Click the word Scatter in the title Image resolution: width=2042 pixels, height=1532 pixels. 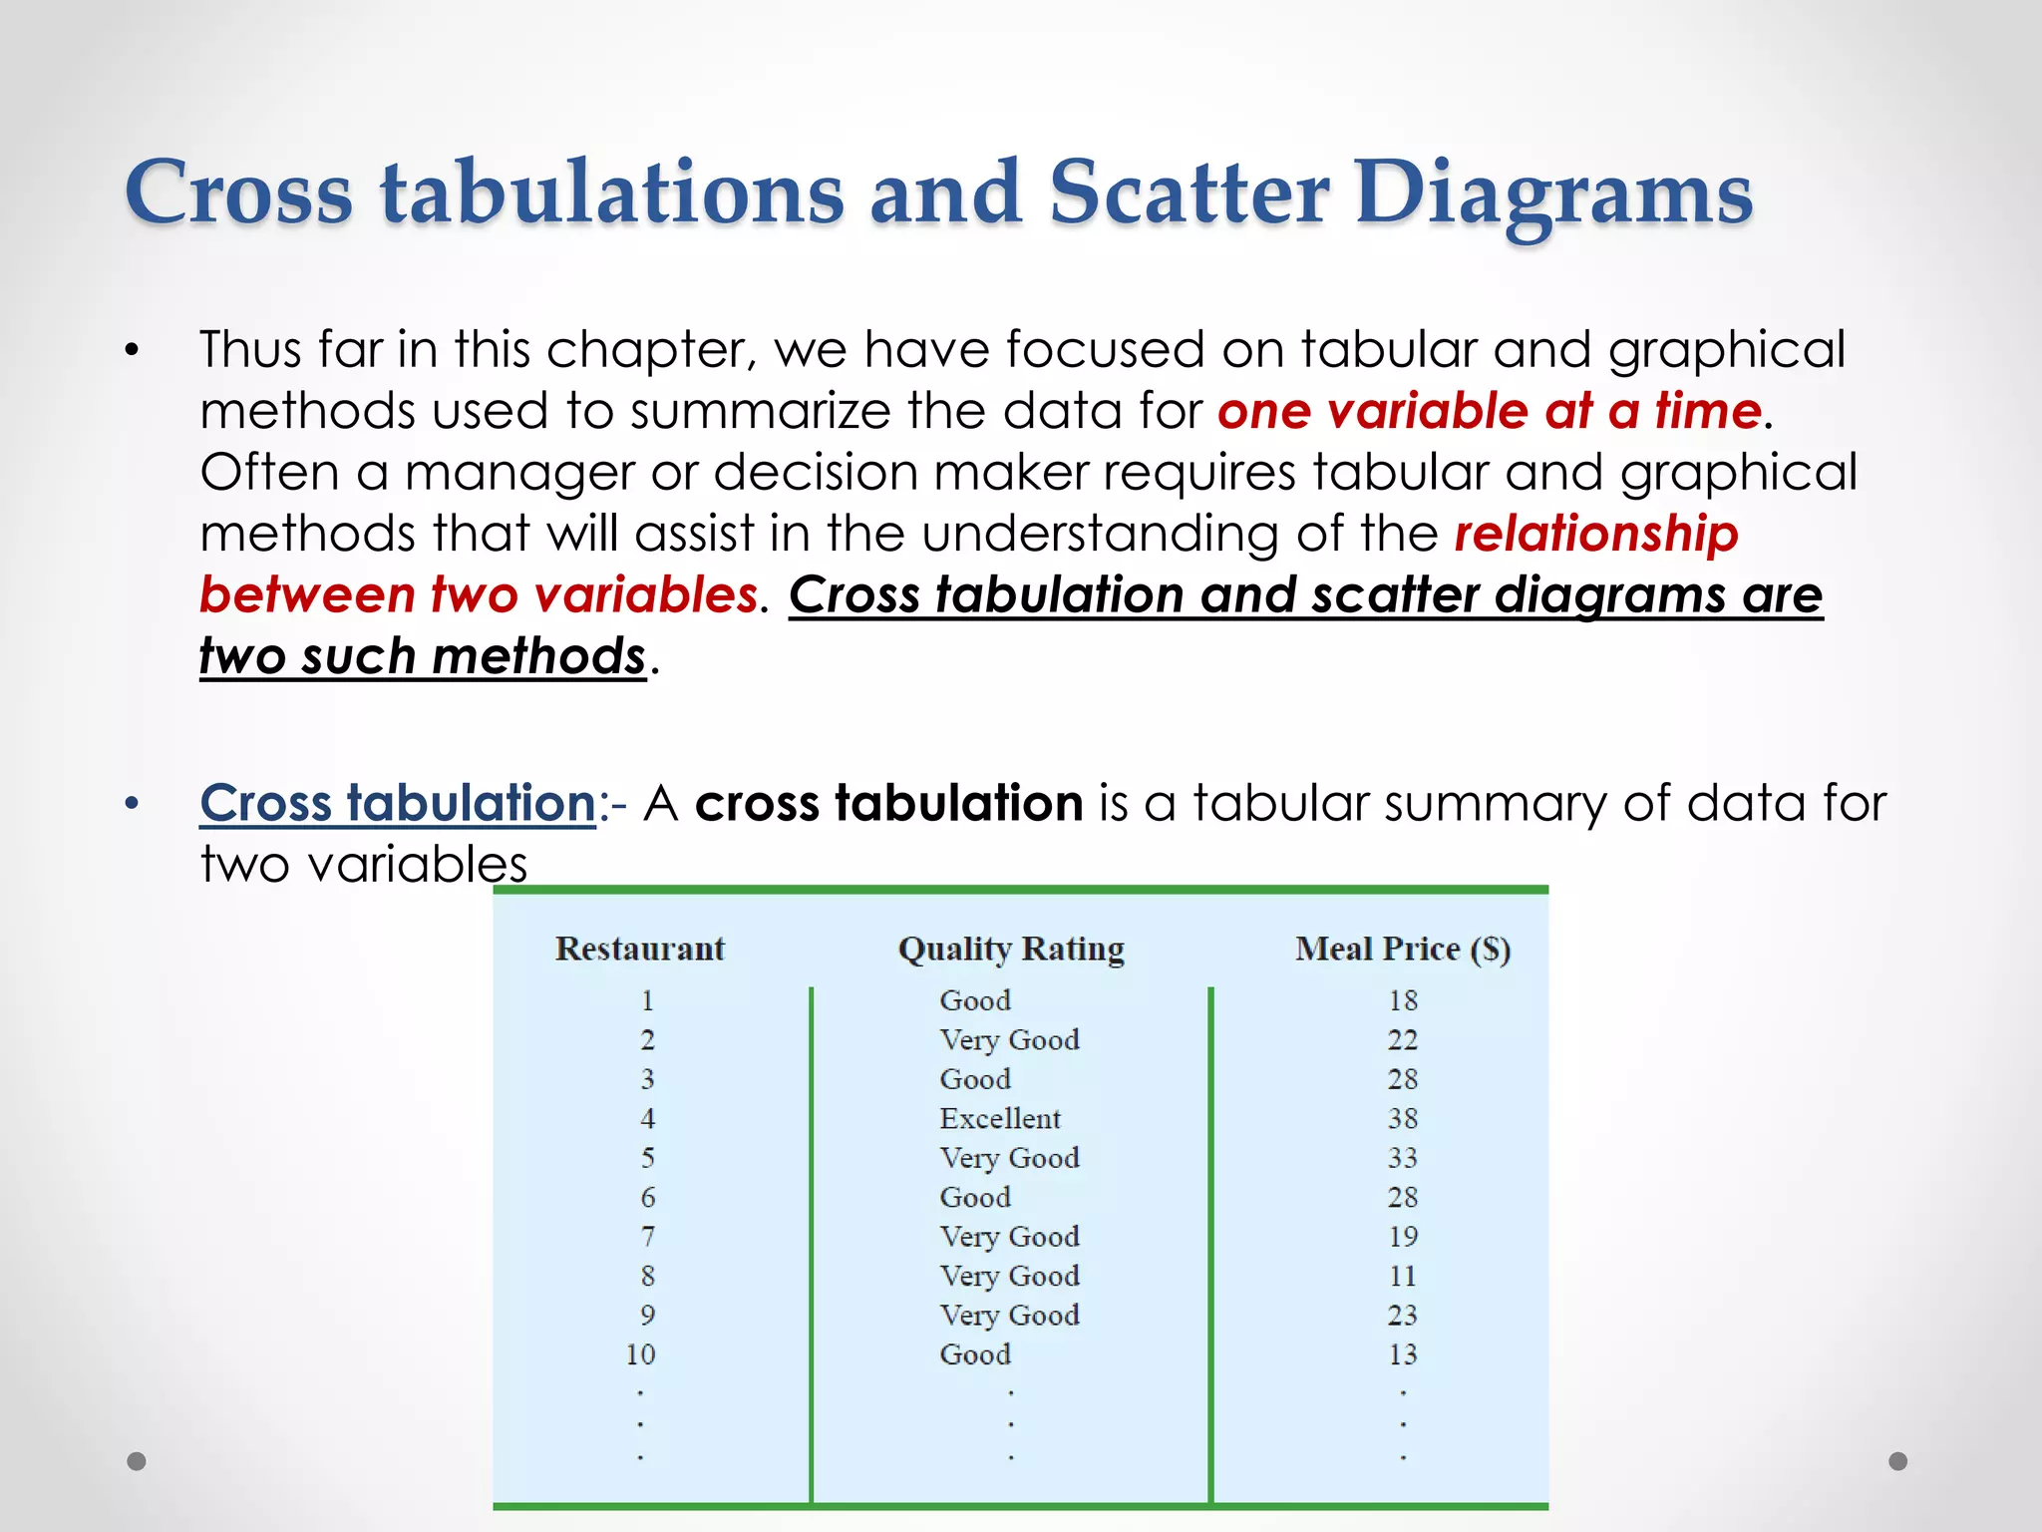tap(1189, 191)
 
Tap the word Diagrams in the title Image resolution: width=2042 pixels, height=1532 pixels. tap(1552, 193)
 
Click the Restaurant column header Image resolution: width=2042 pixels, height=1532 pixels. tap(639, 949)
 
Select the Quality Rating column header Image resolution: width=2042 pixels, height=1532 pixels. tap(1011, 949)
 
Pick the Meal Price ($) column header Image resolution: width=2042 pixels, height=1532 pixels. tap(1402, 949)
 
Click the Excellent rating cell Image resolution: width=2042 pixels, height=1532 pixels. tap(999, 1118)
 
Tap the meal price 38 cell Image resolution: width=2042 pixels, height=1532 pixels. tap(1402, 1118)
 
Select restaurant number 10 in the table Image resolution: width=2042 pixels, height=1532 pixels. tap(640, 1354)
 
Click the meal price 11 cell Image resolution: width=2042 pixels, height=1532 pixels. tap(1402, 1276)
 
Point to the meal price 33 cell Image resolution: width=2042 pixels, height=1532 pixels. tap(1402, 1158)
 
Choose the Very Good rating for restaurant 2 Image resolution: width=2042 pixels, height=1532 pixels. tap(1009, 1040)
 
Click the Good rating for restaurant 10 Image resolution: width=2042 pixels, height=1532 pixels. tap(974, 1354)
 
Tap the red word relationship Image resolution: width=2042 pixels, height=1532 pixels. tap(1595, 534)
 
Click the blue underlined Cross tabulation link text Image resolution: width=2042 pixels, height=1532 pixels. tap(397, 803)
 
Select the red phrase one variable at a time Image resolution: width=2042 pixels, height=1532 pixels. tap(1490, 411)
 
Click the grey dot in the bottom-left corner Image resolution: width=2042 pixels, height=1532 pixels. tap(137, 1461)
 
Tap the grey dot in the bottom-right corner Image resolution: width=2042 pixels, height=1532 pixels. tap(1898, 1461)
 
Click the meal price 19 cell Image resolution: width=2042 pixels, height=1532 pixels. tap(1402, 1237)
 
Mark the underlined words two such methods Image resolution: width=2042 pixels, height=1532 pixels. tap(423, 657)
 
